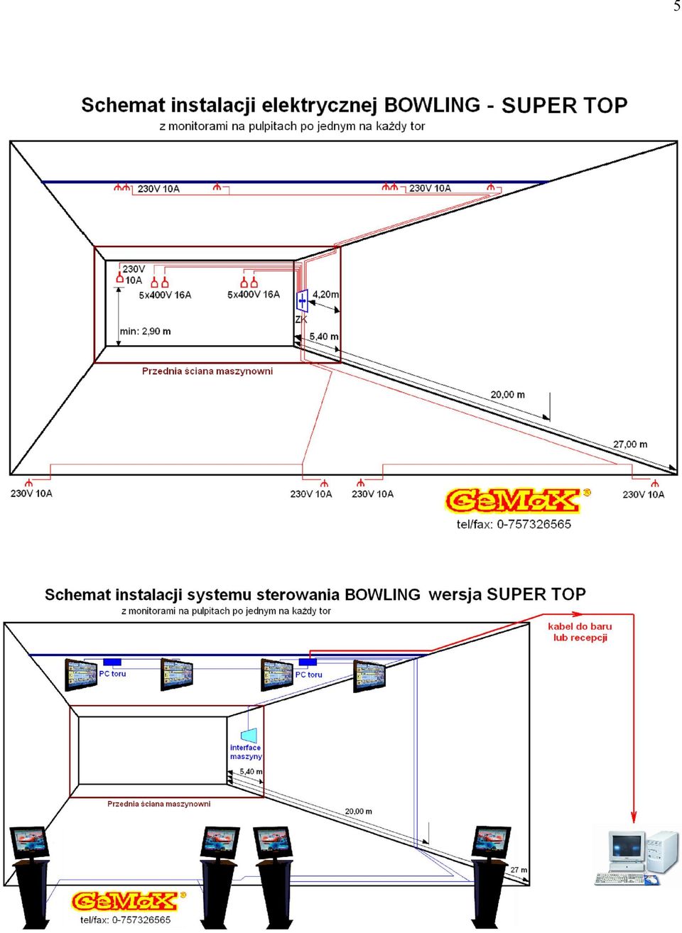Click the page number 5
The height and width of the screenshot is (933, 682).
pos(677,6)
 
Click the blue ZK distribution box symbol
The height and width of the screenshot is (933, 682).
pos(302,300)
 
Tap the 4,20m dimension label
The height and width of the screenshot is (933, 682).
pos(325,295)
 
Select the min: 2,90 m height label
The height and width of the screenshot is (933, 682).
pos(146,332)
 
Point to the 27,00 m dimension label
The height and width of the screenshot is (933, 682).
pos(630,444)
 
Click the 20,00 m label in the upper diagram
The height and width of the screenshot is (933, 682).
pos(507,394)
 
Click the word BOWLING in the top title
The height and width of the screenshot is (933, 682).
pos(432,105)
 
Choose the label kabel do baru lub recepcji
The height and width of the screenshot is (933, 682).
pos(580,632)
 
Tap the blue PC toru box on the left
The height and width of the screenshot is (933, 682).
pos(112,662)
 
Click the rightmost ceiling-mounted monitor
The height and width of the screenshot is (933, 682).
pos(369,676)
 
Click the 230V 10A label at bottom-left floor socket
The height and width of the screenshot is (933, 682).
pos(31,493)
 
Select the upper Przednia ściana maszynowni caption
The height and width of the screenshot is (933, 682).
pos(207,371)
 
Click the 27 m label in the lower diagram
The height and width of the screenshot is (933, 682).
pos(519,866)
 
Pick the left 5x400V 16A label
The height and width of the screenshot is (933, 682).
pos(165,295)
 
